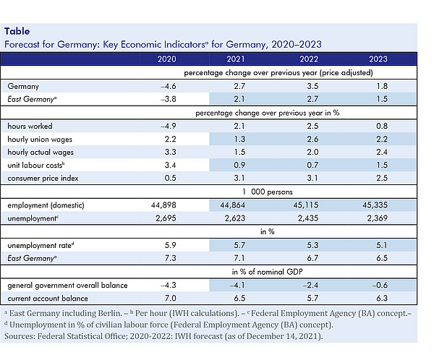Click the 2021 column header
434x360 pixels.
point(236,59)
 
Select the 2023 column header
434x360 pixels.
point(378,59)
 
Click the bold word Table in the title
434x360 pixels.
point(17,31)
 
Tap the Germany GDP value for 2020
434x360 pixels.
point(169,86)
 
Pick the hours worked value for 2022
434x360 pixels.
point(312,126)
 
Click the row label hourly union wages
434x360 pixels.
point(40,140)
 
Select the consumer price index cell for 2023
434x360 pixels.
point(382,178)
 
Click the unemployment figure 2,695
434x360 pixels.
point(166,218)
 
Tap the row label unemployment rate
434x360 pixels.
point(41,245)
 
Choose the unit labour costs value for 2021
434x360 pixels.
point(239,165)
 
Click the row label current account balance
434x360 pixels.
point(48,299)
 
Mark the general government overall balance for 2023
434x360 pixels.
point(380,285)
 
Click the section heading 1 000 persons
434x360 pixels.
point(268,192)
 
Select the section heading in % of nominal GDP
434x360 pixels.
point(267,272)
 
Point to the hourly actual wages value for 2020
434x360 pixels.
point(170,152)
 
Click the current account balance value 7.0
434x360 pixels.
point(170,298)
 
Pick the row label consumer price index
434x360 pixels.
point(43,179)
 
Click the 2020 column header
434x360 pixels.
point(166,59)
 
